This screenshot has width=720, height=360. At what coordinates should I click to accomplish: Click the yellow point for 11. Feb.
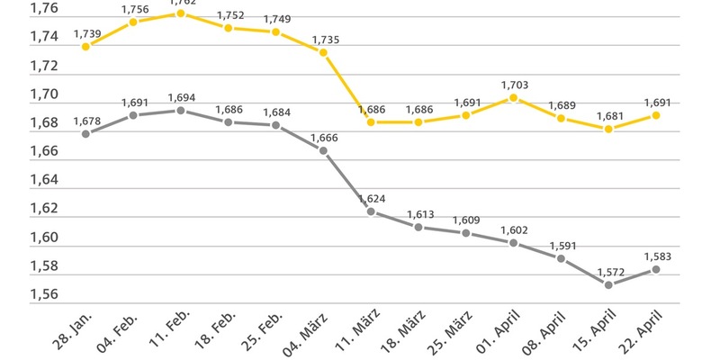(x=181, y=13)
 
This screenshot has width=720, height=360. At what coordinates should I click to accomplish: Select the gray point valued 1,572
(x=608, y=284)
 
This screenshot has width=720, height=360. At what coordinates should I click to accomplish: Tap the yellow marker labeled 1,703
(x=513, y=97)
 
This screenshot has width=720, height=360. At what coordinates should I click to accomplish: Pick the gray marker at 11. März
(x=371, y=211)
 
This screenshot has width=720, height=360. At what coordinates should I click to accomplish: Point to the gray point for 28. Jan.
(x=85, y=133)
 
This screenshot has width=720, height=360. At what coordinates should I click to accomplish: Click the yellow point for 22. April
(x=656, y=115)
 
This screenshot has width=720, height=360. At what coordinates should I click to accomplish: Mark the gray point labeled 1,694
(x=181, y=111)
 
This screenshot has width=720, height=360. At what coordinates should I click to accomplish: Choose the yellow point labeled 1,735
(x=323, y=51)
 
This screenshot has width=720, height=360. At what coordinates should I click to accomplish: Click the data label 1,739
(x=86, y=33)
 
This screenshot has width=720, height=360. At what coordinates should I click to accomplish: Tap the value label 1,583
(x=657, y=256)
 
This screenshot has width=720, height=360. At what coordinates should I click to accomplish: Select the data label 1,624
(x=372, y=199)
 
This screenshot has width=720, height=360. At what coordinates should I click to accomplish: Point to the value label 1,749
(x=276, y=19)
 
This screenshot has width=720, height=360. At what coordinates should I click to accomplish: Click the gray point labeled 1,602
(x=513, y=243)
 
